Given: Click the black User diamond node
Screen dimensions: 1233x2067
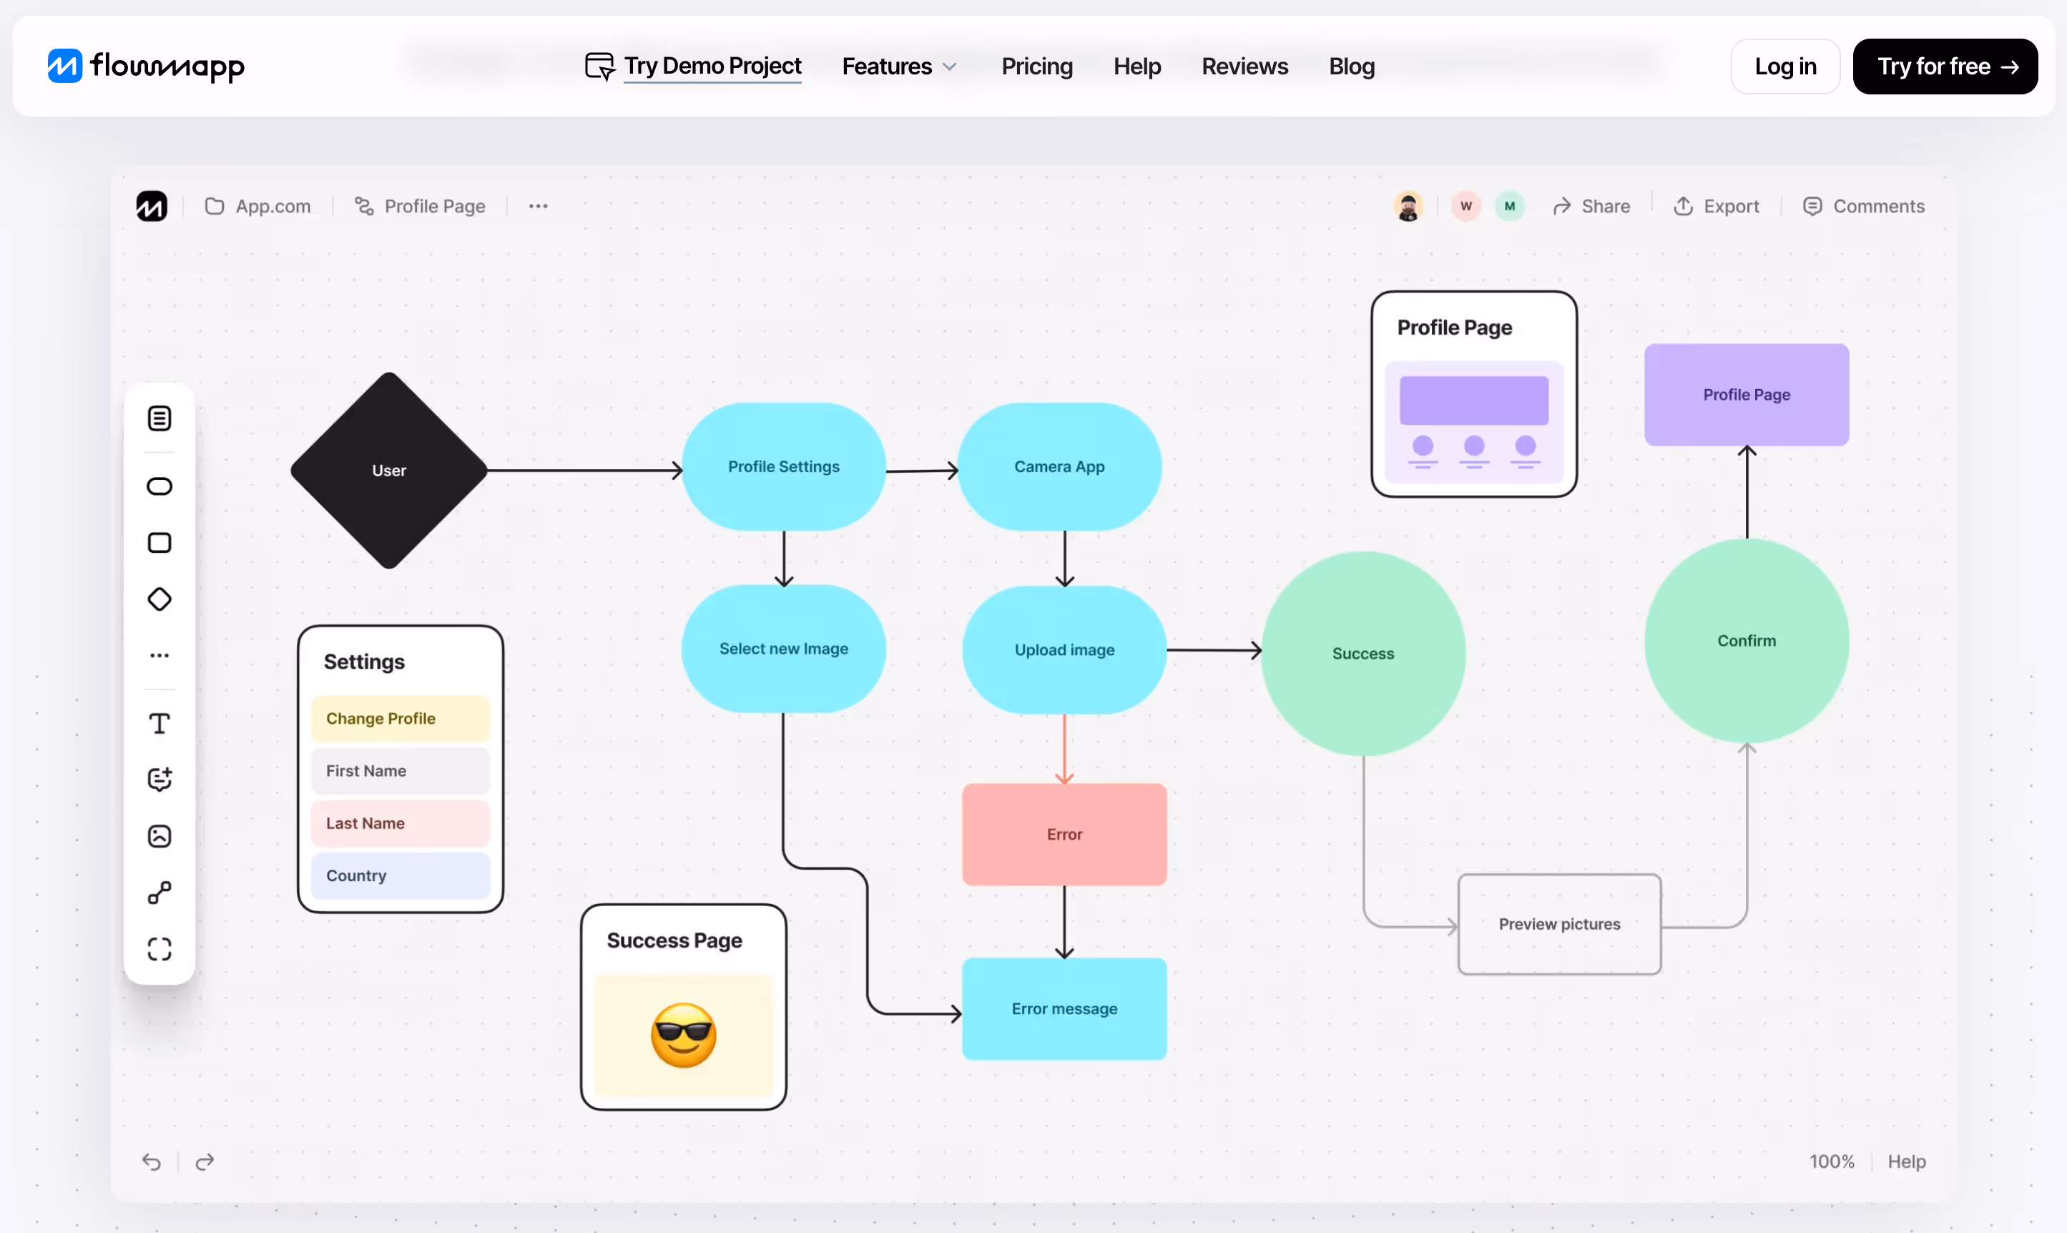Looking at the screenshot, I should coord(389,471).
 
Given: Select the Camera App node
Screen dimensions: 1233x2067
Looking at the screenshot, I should coord(1059,467).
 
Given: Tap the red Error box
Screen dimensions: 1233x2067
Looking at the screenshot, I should coord(1064,834).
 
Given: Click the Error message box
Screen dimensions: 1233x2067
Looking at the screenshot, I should coord(1064,1008).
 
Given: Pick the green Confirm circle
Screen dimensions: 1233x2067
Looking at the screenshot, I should coord(1747,641).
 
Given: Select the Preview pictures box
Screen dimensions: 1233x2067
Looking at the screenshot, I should coord(1559,924).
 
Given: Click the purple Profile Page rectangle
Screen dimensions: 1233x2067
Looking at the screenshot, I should coord(1747,395).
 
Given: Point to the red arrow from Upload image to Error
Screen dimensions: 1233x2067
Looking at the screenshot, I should coord(1064,748).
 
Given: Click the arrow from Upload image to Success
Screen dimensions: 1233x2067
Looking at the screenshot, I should coord(1213,649).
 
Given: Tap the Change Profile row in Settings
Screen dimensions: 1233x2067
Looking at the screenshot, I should coord(401,719).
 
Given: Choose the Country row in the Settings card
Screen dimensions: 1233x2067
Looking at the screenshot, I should coord(401,875).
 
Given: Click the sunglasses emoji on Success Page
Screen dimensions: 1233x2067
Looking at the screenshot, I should coord(683,1036).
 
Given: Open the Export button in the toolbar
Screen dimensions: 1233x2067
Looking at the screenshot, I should coord(1717,206).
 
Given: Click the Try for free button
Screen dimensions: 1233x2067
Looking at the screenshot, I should coord(1945,67).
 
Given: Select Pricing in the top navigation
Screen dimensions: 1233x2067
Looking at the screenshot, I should coord(1037,67).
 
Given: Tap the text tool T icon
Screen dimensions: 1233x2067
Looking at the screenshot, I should coord(159,724).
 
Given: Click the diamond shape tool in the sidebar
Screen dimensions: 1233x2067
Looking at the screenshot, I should coord(159,599).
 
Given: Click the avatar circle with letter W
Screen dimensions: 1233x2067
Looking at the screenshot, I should coord(1466,206).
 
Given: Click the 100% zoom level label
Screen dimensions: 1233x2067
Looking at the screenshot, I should coord(1831,1161).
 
